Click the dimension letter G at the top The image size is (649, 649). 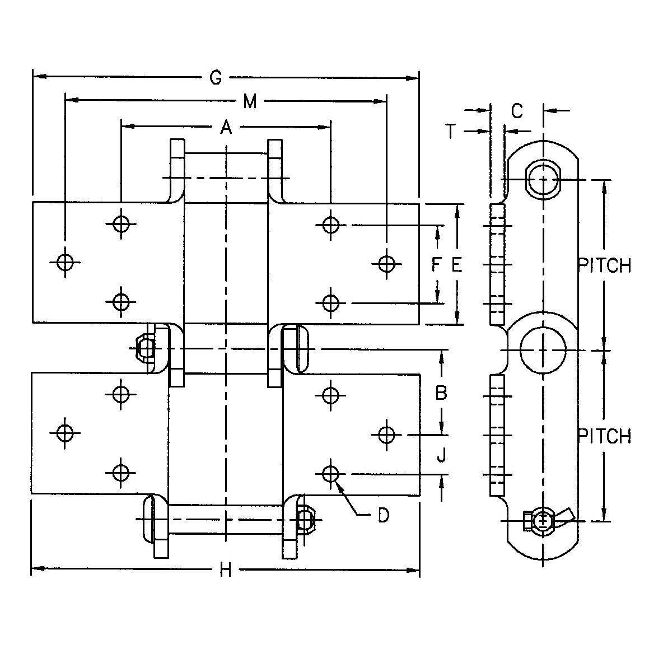click(216, 78)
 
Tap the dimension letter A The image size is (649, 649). click(226, 128)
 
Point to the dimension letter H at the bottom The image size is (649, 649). click(225, 571)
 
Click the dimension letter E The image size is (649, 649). click(456, 265)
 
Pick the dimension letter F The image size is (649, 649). click(437, 264)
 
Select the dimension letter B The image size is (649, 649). click(441, 393)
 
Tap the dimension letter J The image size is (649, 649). click(441, 456)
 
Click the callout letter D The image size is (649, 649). click(383, 515)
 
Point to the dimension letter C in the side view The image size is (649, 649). click(517, 111)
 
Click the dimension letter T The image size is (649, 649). click(451, 131)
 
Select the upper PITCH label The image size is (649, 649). click(605, 265)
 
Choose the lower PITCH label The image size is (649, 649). click(605, 436)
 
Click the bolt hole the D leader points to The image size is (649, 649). click(331, 474)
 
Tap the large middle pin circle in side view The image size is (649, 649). click(543, 349)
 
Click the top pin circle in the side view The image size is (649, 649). click(543, 180)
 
